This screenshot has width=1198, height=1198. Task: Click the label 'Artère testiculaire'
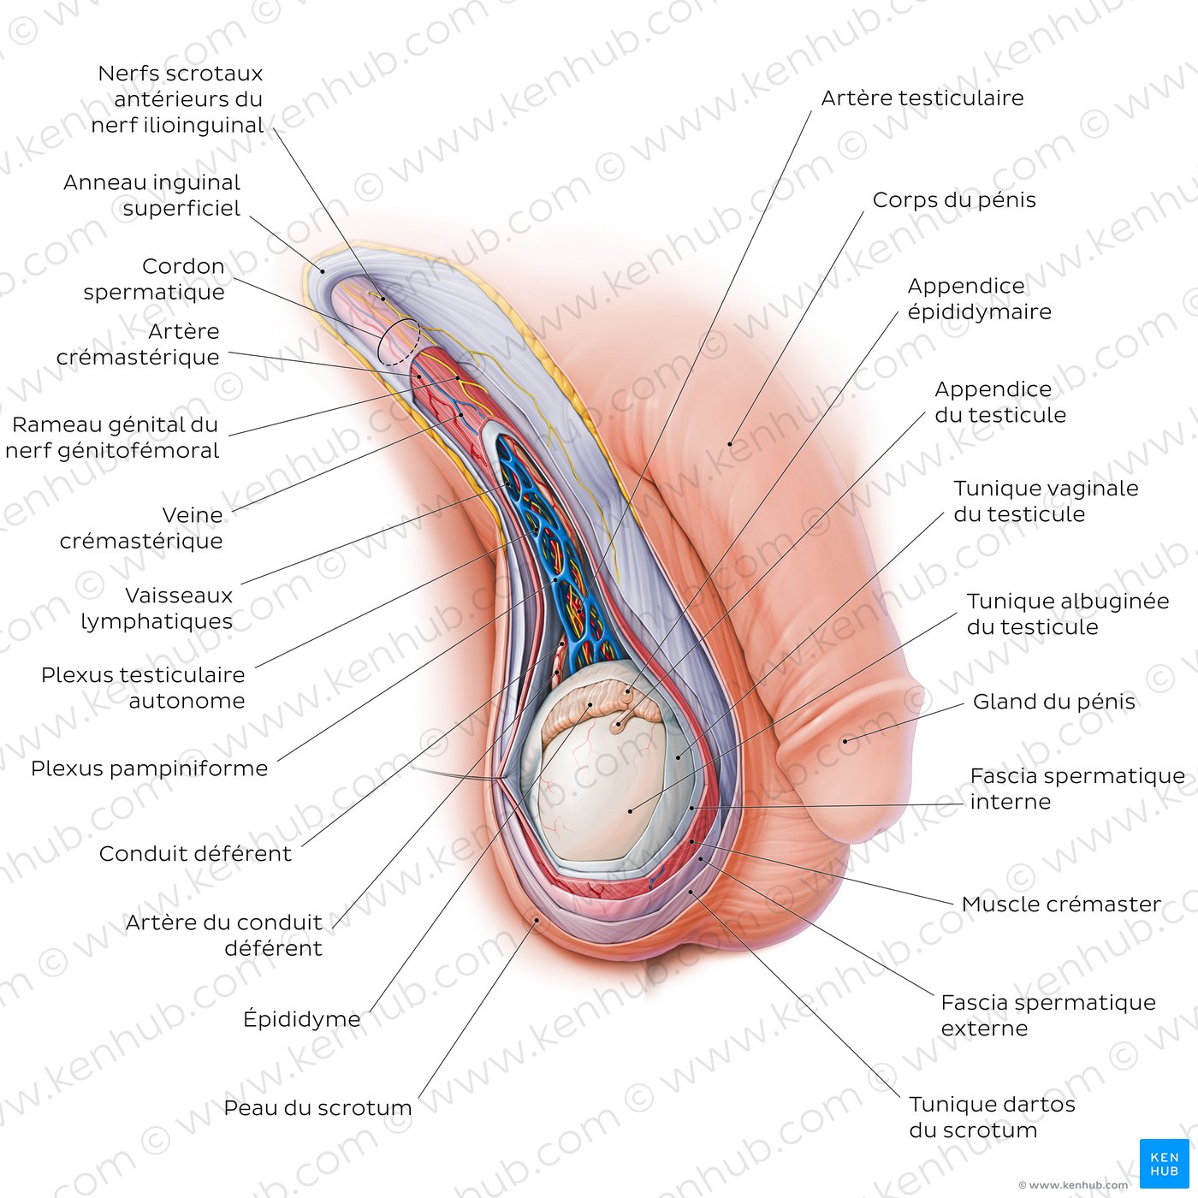point(922,98)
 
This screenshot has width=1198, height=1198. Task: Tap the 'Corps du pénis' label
point(953,200)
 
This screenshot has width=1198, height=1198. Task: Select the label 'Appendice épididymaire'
point(979,299)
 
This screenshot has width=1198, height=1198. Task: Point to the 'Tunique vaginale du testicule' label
point(1045,501)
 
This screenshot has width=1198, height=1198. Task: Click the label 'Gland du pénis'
point(1053,702)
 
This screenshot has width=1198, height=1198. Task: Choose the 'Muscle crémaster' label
point(1061,904)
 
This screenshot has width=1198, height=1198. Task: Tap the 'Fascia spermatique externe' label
point(1047,1015)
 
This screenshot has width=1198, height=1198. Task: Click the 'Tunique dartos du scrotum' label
point(991,1117)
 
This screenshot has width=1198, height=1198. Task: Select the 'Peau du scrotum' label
point(317,1108)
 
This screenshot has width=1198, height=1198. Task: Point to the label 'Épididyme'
point(302,1019)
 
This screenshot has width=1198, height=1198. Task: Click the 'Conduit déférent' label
point(195,853)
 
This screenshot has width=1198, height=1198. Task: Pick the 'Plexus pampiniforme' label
point(149,768)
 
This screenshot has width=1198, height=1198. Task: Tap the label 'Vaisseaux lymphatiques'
point(157,608)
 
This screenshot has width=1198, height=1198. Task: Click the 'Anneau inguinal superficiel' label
point(152,195)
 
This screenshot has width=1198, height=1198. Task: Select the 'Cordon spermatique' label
point(154,279)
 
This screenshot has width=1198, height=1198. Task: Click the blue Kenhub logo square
point(1164,1163)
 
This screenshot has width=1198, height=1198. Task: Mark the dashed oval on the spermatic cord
point(399,342)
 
